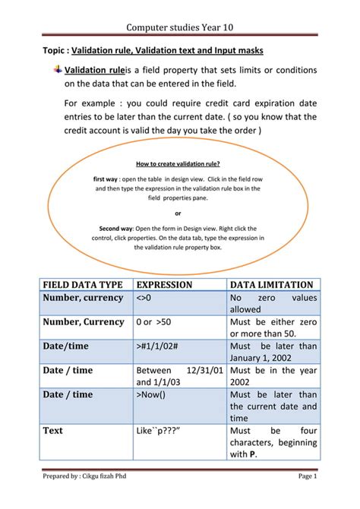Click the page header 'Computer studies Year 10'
point(179,26)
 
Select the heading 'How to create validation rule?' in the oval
point(178,163)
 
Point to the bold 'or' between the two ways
point(178,213)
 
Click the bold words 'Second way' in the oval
point(116,228)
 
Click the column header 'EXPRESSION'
point(163,284)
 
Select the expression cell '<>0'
point(144,298)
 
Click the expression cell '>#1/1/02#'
point(158,346)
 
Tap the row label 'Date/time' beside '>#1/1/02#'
point(66,346)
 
